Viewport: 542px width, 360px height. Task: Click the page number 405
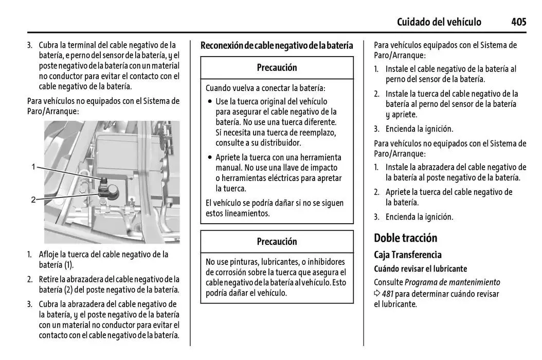pos(518,22)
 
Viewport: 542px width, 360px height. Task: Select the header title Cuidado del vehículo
pos(439,22)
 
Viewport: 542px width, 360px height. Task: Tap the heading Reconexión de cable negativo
pos(277,46)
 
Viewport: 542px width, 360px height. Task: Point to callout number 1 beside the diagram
pos(33,167)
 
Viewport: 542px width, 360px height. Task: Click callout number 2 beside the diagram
pos(33,200)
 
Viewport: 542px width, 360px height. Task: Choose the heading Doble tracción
pos(405,238)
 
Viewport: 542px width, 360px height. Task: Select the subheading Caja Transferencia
pos(407,255)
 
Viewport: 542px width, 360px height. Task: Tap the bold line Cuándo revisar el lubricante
pos(420,268)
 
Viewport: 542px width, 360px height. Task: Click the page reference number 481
pos(387,294)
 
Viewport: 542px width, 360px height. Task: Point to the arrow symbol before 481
pos(377,294)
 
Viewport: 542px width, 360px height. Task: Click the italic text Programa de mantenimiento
pos(452,282)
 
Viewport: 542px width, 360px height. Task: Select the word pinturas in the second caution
pos(246,262)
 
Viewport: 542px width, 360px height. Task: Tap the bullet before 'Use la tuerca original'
pos(210,102)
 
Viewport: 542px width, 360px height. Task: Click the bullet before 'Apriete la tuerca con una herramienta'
pos(210,158)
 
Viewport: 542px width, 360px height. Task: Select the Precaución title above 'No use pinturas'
pos(277,242)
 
